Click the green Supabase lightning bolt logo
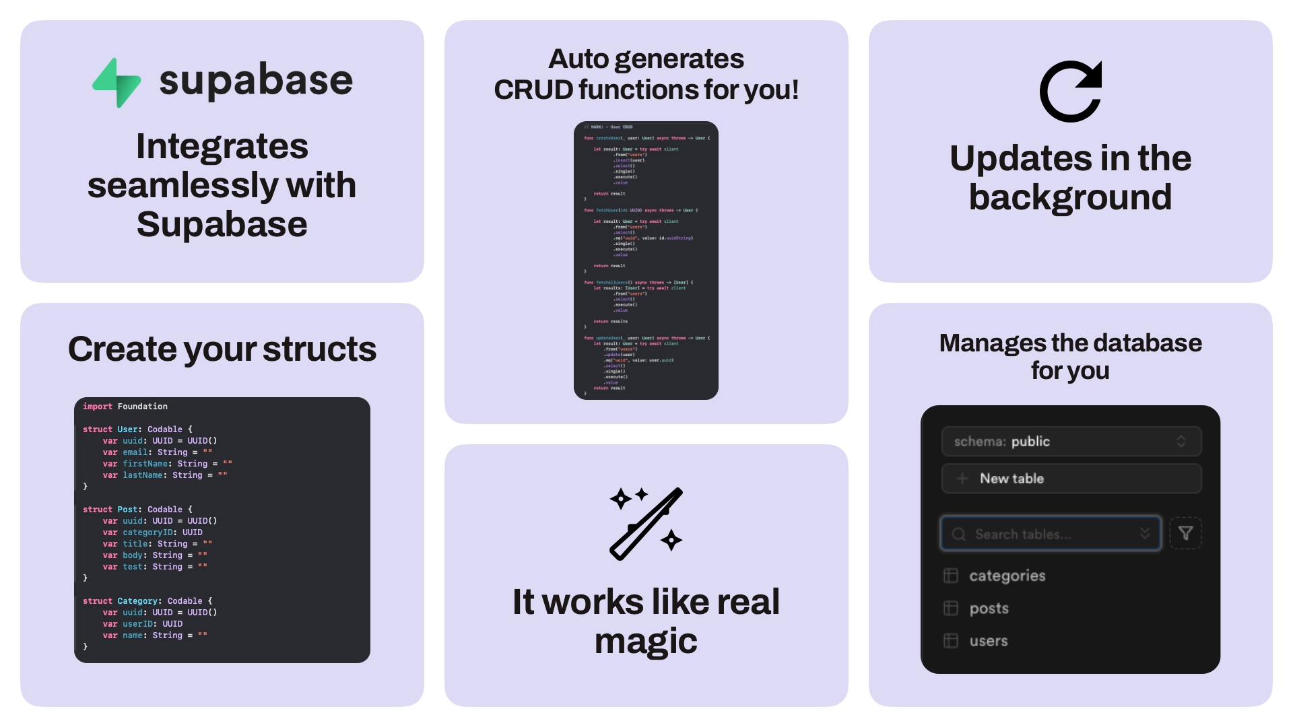tap(117, 83)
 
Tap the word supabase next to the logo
tap(256, 81)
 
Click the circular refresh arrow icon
tap(1070, 92)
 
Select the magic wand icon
tap(646, 524)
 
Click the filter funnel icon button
tap(1185, 533)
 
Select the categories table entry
tap(1007, 576)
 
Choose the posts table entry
tap(989, 609)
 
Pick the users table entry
tap(988, 641)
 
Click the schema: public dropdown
tap(1071, 442)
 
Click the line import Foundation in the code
tap(125, 407)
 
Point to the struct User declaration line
tap(137, 429)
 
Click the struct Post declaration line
tap(137, 510)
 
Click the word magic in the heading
tap(646, 641)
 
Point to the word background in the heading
tap(1070, 197)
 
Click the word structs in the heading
tap(319, 349)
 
